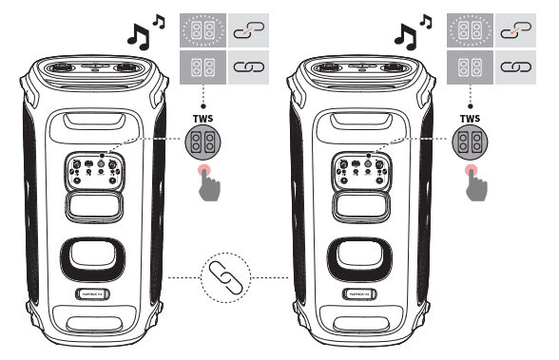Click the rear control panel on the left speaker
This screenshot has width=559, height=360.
[x=94, y=170]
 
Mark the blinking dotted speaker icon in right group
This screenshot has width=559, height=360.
[x=466, y=30]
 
